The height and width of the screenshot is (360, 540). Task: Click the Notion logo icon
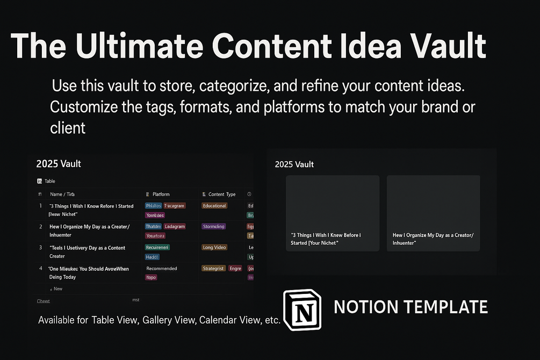tap(302, 310)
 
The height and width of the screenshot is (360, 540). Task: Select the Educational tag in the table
tap(214, 206)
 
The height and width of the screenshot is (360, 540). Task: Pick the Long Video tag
tap(215, 248)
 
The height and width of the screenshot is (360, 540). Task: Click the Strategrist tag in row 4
tap(213, 268)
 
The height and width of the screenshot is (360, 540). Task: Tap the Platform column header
tap(161, 194)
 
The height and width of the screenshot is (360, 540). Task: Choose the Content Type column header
tap(221, 194)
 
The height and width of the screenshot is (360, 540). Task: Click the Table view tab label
tap(49, 181)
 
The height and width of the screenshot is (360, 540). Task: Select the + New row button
tap(56, 289)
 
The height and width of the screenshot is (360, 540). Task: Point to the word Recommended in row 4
tap(161, 268)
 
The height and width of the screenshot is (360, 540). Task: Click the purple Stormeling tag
tap(214, 226)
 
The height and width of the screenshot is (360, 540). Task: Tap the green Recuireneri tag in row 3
tap(157, 248)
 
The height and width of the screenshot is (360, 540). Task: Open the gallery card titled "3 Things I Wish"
tap(333, 213)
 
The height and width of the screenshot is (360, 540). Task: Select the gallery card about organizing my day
tap(434, 213)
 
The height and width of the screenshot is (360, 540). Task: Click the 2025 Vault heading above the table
tap(59, 163)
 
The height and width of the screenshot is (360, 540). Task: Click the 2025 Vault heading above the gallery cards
tap(294, 164)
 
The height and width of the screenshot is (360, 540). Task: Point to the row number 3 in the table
tap(40, 248)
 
